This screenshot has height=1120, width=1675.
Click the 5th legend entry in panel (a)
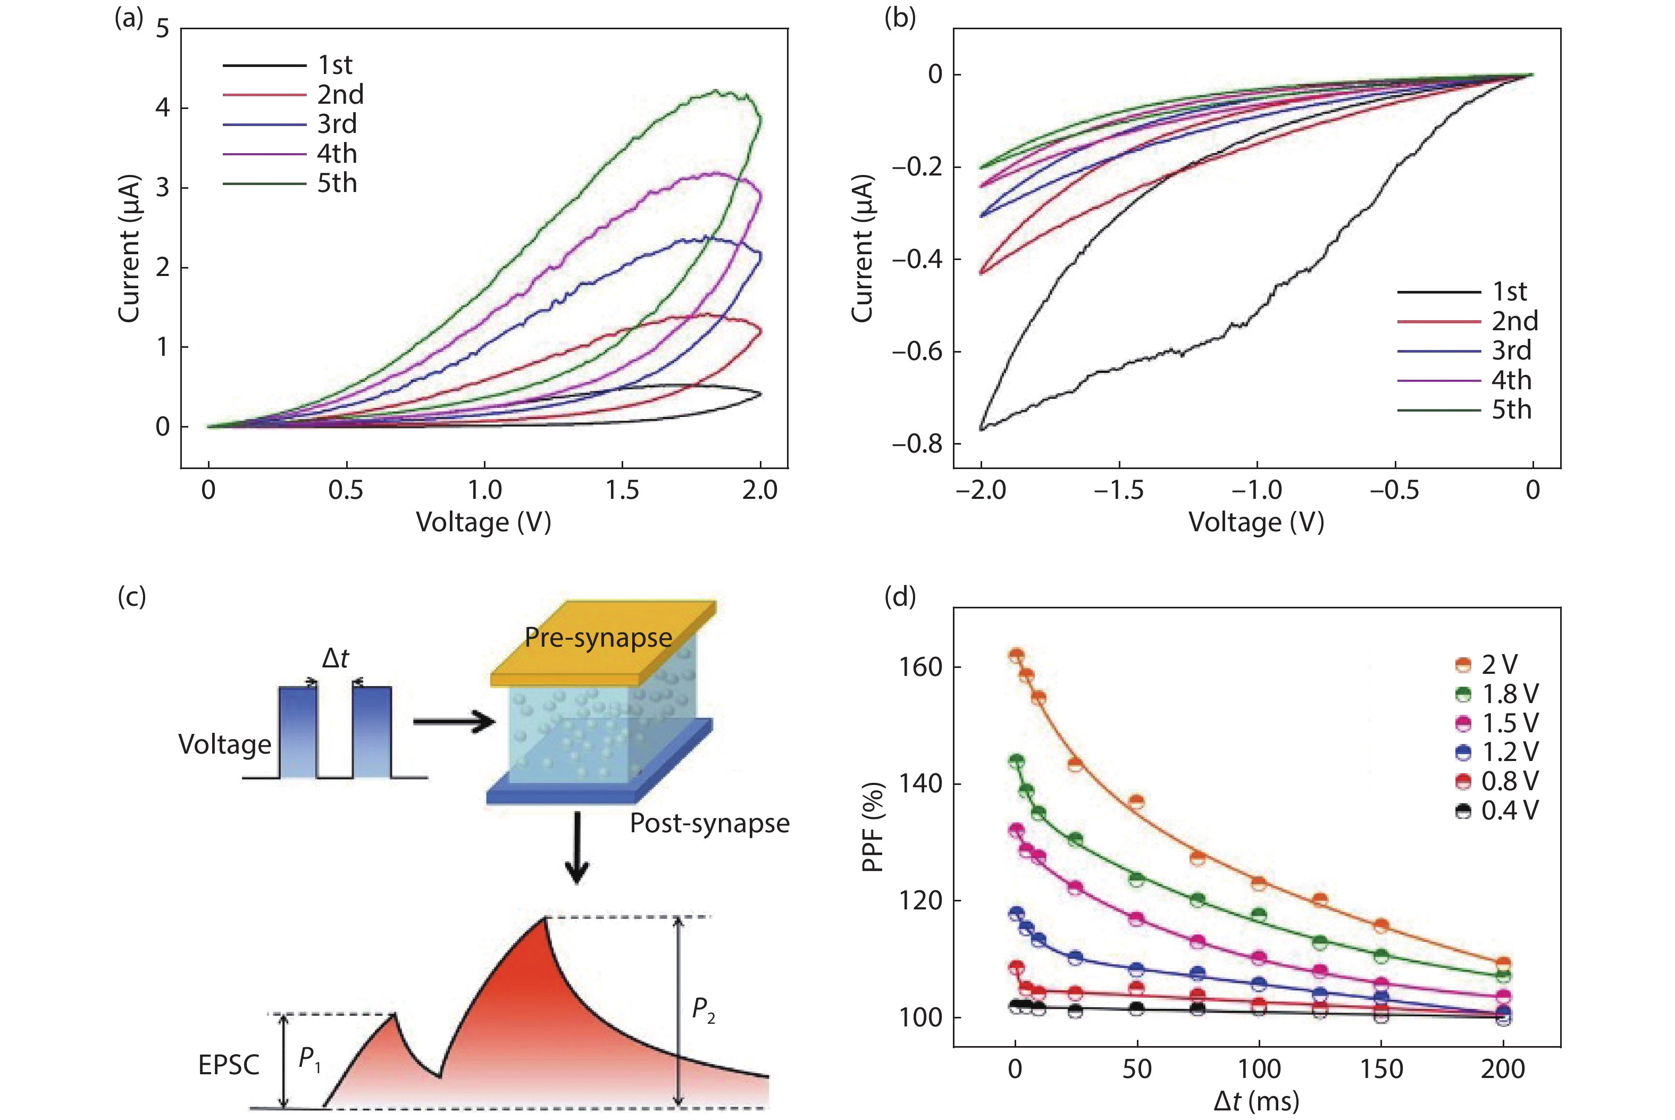(336, 183)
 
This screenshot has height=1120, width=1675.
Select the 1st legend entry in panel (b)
(1509, 291)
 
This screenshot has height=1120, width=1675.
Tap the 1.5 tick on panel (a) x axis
(622, 490)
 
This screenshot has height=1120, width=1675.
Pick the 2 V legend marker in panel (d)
(1463, 665)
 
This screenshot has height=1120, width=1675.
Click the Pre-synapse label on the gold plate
(598, 637)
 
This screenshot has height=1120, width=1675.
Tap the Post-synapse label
(709, 824)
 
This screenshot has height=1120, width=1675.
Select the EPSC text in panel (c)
(229, 1065)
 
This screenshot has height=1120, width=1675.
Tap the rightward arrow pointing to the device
(454, 722)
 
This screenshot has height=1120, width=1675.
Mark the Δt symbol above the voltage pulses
(335, 658)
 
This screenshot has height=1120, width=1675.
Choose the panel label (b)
(900, 17)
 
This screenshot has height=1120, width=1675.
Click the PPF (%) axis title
(873, 827)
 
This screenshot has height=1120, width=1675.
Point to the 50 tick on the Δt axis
(1137, 1069)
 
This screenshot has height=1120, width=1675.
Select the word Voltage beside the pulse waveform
(225, 745)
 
